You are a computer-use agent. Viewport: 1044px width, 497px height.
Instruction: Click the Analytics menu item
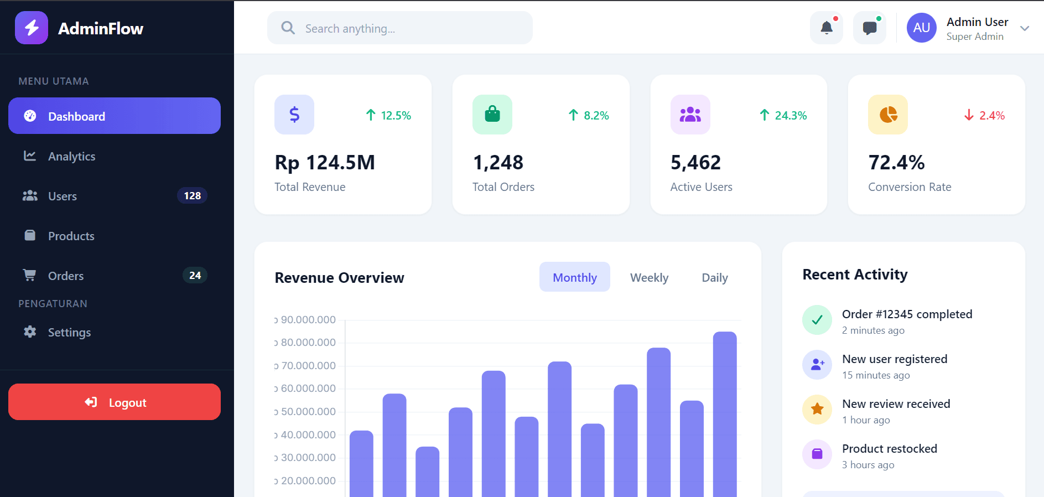(71, 157)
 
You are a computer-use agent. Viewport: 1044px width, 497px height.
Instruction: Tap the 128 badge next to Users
(192, 196)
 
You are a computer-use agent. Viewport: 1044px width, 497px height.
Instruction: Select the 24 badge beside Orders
(195, 276)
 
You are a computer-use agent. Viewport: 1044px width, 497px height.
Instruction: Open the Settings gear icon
(30, 332)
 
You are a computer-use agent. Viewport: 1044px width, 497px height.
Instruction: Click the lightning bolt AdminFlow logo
(32, 28)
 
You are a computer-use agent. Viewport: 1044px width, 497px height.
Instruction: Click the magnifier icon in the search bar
(288, 28)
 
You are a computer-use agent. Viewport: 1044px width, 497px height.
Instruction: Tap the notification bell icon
(826, 28)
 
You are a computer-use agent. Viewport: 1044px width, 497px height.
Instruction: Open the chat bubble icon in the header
(869, 28)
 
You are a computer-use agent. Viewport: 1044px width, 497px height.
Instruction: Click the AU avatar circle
(921, 28)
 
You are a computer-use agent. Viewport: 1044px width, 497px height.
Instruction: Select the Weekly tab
(649, 277)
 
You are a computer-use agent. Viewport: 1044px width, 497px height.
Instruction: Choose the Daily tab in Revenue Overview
(714, 277)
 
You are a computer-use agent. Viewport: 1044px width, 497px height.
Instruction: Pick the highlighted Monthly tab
(574, 277)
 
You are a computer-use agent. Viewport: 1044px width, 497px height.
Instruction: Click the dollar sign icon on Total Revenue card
(294, 115)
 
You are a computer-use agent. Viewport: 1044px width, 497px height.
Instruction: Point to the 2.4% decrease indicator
(985, 115)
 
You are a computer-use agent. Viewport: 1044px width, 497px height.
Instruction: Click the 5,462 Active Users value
(695, 163)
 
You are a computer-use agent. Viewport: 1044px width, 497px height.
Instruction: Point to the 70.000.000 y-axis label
(308, 365)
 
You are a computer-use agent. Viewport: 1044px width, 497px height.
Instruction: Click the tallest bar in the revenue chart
(724, 415)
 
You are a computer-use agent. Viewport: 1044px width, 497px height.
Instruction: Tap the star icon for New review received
(817, 409)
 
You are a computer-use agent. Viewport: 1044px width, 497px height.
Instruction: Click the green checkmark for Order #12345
(817, 319)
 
